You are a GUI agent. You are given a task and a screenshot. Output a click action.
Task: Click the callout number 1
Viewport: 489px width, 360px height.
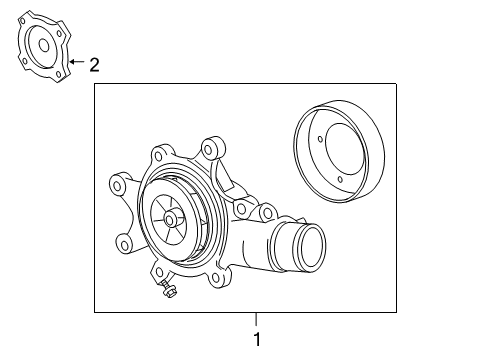click(x=256, y=340)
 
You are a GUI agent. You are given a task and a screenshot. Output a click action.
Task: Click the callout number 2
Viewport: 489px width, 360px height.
click(x=95, y=66)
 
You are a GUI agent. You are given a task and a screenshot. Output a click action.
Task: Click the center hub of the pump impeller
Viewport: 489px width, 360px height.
click(x=171, y=222)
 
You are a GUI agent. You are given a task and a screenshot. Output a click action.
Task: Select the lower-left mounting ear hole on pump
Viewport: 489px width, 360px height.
click(x=124, y=242)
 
